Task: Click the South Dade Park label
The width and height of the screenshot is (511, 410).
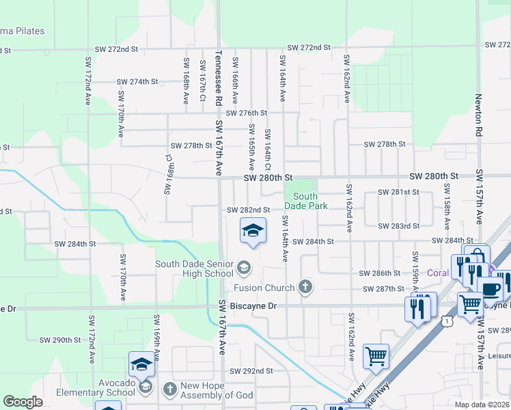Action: [310, 201]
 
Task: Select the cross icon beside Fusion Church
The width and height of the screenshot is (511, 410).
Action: [305, 288]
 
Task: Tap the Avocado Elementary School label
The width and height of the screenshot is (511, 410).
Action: [107, 387]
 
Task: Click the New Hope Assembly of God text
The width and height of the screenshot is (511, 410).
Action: [217, 391]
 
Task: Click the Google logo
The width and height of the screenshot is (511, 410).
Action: [23, 402]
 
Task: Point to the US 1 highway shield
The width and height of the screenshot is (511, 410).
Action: [446, 320]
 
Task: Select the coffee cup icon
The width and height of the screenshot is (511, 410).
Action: [490, 288]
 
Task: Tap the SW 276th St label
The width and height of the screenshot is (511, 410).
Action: [246, 113]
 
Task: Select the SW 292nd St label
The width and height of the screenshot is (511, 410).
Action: [251, 371]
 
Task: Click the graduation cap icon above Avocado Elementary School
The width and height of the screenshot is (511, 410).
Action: [141, 364]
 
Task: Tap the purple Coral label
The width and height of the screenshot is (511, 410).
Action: [438, 273]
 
